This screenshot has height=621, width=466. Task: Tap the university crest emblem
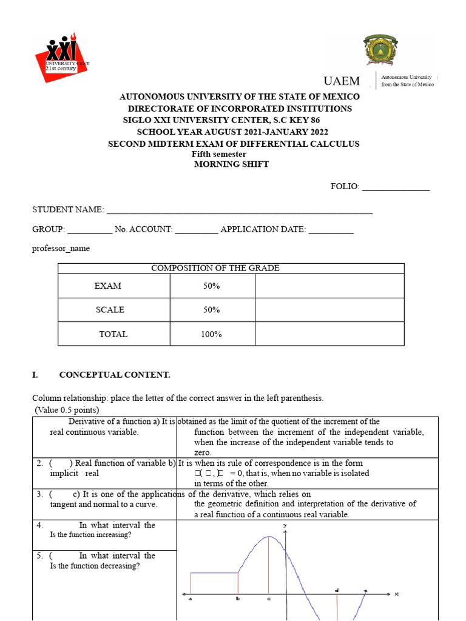[381, 50]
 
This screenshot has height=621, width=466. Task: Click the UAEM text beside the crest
[342, 81]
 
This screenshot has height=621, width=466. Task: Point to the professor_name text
[61, 248]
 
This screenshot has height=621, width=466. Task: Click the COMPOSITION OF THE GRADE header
[215, 268]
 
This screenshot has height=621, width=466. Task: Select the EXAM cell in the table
[108, 286]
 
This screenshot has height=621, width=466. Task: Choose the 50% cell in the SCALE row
[212, 310]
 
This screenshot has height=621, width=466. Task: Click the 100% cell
[212, 334]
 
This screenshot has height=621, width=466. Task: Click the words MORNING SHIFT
[231, 164]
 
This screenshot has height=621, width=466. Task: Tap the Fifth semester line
[219, 154]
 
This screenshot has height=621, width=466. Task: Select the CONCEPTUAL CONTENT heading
[115, 375]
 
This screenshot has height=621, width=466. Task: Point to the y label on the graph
[285, 525]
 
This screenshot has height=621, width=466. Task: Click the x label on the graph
[396, 594]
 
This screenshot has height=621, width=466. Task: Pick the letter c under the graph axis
[269, 599]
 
